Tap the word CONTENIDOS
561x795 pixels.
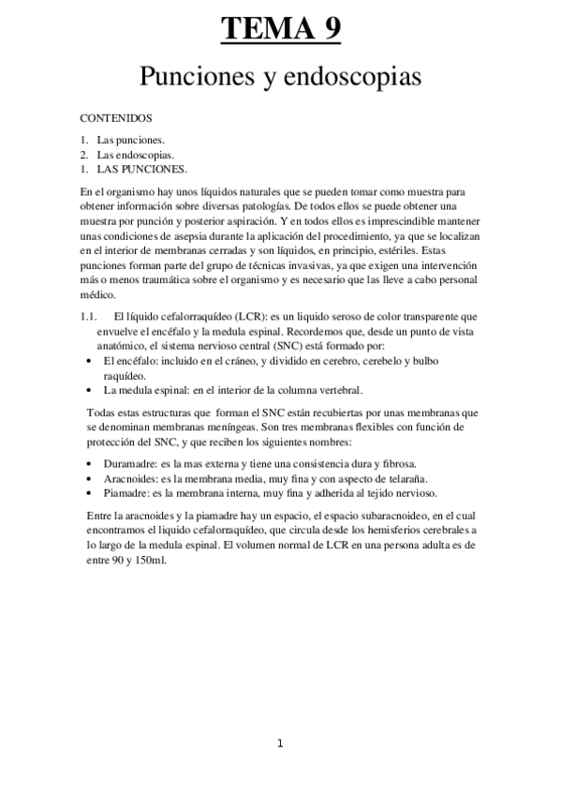pyautogui.click(x=118, y=119)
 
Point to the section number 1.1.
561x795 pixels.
pyautogui.click(x=90, y=318)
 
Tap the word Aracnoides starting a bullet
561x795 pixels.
pyautogui.click(x=128, y=478)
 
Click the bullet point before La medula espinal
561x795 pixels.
pyautogui.click(x=88, y=390)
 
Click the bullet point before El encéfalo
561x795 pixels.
pyautogui.click(x=88, y=361)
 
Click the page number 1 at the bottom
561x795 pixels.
pyautogui.click(x=280, y=743)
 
